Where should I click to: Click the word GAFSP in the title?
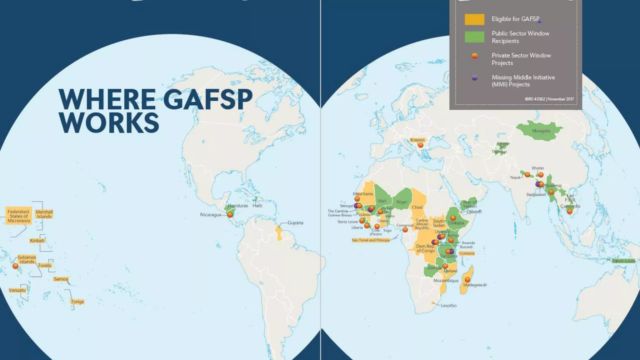pos(208,99)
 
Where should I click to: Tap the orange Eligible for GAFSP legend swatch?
pos(474,19)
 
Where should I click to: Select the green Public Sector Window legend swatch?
pos(474,37)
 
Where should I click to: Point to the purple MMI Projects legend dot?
pos(474,78)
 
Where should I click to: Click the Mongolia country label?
pos(541,131)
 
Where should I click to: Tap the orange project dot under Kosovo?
pos(421,145)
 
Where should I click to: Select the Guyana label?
pos(295,223)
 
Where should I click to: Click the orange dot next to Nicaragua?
pos(230,215)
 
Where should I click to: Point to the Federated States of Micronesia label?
pos(19,216)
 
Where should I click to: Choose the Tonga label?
pos(77,302)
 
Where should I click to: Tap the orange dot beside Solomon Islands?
pos(15,266)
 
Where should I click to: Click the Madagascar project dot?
pos(467,280)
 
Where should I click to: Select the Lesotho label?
pos(448,306)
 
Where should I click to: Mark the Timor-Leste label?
pos(624,261)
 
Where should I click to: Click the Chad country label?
pos(417,207)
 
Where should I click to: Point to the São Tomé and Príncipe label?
pos(371,240)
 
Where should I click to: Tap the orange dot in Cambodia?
pos(570,212)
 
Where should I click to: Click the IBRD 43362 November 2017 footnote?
pos(549,99)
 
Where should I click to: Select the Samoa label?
pos(61,279)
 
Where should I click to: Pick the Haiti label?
pos(257,206)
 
